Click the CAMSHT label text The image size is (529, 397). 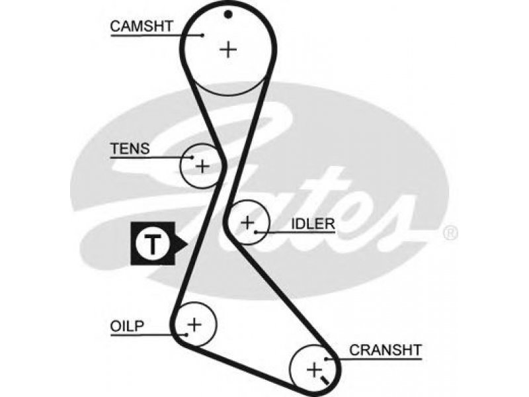pos(142,26)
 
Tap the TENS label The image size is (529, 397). pos(130,148)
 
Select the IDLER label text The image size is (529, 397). pos(313,224)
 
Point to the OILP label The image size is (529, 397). pos(127,326)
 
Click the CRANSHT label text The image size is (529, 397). pos(386,350)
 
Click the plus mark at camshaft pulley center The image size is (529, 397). pos(228,50)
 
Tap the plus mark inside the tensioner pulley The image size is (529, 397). pos(202,166)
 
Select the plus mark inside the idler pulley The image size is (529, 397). pos(247,222)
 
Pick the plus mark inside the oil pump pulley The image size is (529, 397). pos(194,325)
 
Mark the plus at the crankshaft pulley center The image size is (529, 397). pos(314,370)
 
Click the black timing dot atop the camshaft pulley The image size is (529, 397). pos(228,15)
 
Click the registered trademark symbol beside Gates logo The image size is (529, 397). pos(450,234)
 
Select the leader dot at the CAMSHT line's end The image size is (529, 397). pos(202,35)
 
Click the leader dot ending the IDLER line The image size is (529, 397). pos(256,232)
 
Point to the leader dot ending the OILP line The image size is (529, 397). pos(186,335)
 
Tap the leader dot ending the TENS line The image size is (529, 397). pos(192,157)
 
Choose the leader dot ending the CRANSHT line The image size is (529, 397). pos(326,359)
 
